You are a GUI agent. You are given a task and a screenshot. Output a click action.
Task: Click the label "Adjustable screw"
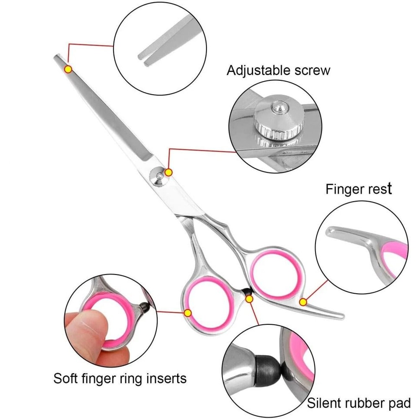(x=278, y=70)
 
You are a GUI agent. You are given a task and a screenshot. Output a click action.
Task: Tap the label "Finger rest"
(x=359, y=189)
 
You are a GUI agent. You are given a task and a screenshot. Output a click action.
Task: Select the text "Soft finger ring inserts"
(x=120, y=379)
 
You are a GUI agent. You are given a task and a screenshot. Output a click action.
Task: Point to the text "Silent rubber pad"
(x=359, y=403)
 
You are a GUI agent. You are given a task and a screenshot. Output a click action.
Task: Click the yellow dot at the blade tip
(x=68, y=69)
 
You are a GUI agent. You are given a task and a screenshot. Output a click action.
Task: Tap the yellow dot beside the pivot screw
(x=169, y=172)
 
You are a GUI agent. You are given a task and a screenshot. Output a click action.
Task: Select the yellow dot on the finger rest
(x=304, y=302)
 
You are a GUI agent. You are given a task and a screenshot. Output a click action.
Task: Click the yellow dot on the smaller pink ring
(x=188, y=312)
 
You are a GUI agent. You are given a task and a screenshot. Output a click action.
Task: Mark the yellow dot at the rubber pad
(x=250, y=299)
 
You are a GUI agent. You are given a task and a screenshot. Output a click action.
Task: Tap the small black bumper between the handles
(x=246, y=292)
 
